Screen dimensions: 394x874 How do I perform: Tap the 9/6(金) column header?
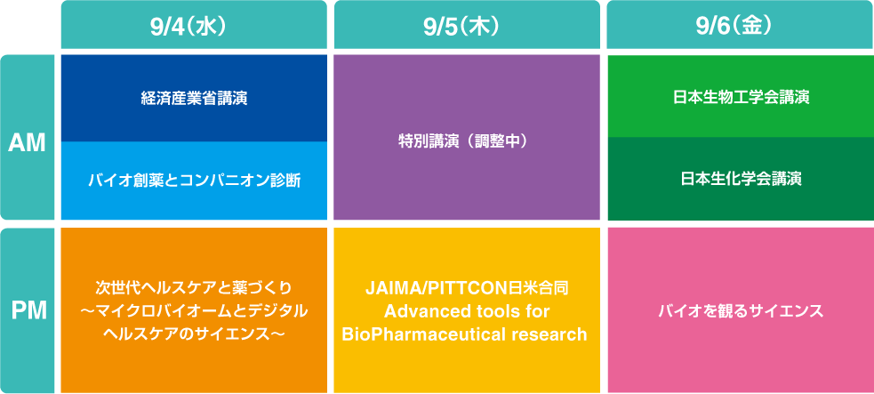(739, 25)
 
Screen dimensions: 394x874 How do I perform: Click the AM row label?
(27, 142)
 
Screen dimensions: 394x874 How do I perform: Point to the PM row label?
(27, 310)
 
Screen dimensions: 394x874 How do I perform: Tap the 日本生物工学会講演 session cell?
(739, 96)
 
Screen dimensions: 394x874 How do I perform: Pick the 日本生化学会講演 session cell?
(739, 179)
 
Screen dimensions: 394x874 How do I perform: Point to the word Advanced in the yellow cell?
(418, 311)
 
